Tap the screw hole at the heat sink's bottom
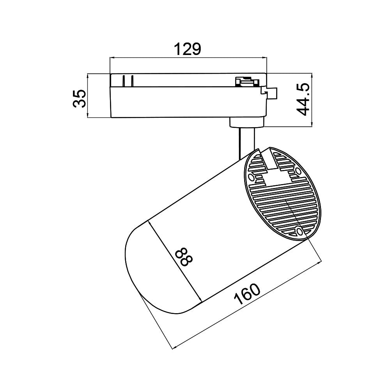pyautogui.click(x=299, y=232)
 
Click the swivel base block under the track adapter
pyautogui.click(x=246, y=122)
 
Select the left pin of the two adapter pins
pyautogui.click(x=124, y=81)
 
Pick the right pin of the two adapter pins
pyautogui.click(x=132, y=81)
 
